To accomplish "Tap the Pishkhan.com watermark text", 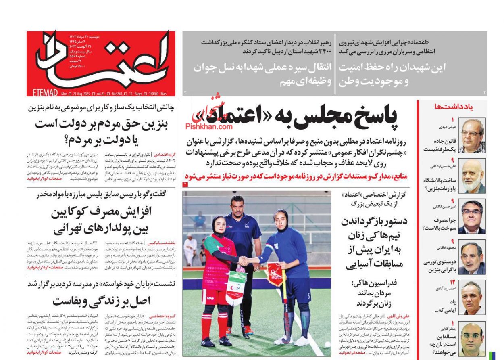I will tap(209, 126).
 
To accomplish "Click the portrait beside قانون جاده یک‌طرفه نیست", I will tap(472, 136).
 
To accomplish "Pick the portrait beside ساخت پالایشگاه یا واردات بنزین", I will tap(472, 176).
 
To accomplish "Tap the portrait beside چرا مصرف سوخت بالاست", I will tap(472, 216).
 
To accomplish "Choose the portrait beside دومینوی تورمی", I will tap(472, 257).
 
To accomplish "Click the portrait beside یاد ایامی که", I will tap(472, 298).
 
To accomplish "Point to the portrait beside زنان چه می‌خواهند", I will tap(472, 338).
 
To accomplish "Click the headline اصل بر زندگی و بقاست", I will tap(101, 300).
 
